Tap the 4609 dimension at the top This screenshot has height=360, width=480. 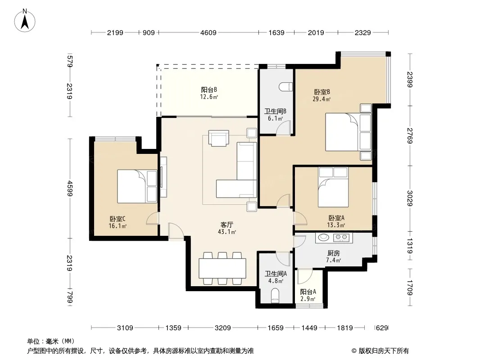pos(208,32)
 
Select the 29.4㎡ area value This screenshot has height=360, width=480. pos(322,99)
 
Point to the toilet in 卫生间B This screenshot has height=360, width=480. pos(285,87)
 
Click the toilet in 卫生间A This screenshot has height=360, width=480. pos(275,297)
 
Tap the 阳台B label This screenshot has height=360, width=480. pos(209,90)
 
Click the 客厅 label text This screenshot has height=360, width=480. pos(226,225)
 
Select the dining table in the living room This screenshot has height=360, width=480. pos(222,268)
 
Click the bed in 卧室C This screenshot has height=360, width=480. pos(137,187)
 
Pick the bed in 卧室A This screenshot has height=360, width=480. pos(333,187)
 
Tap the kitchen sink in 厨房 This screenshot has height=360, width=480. pos(323,237)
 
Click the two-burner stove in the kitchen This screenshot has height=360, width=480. pos(341,237)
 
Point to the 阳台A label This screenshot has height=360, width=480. pos(308,292)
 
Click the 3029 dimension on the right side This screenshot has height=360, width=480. pos(410,198)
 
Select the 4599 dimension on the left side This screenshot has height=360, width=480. pos(70,189)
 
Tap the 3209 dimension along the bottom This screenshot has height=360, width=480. pos(222,328)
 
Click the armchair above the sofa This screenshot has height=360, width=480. pos(218,138)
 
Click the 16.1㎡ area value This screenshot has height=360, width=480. pos(118,226)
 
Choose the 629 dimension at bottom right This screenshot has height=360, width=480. pos(382,328)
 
